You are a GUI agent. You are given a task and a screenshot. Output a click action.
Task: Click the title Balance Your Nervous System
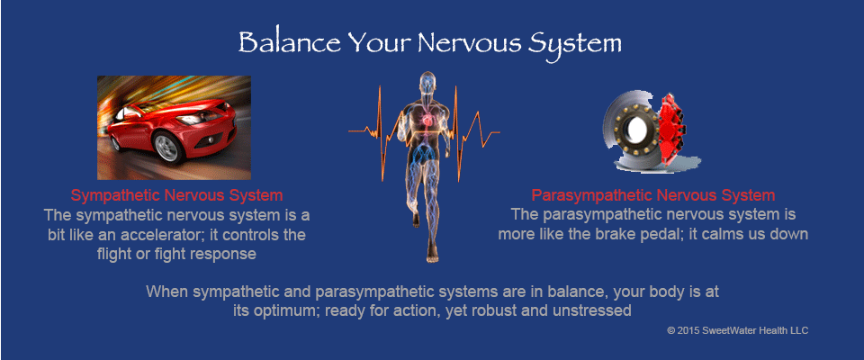(x=430, y=43)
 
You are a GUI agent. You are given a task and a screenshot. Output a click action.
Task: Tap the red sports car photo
(x=174, y=128)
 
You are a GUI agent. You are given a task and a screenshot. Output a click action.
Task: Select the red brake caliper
(x=671, y=130)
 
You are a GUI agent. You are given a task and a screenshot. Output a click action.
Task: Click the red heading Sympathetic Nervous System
(x=177, y=195)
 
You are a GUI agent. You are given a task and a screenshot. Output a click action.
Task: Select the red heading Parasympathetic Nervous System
(x=653, y=195)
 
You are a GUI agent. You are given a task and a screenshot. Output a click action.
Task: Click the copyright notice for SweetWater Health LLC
(x=737, y=331)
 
